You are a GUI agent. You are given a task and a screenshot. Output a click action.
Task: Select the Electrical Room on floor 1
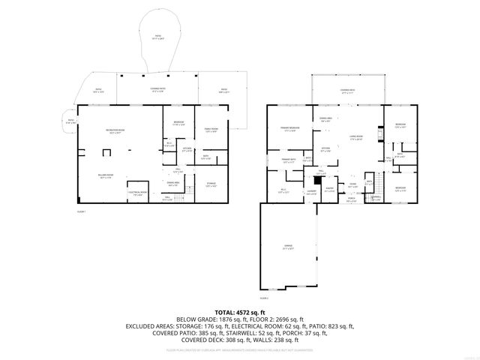coord(136,193)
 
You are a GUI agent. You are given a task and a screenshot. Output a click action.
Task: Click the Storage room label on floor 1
coord(210,185)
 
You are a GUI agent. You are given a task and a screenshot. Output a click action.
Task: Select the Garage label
coord(288,247)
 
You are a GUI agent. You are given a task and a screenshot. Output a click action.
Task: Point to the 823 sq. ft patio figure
coord(337,326)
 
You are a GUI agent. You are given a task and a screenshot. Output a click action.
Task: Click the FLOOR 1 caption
coord(82,212)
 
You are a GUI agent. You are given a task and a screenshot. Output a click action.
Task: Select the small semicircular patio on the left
coord(69,121)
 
